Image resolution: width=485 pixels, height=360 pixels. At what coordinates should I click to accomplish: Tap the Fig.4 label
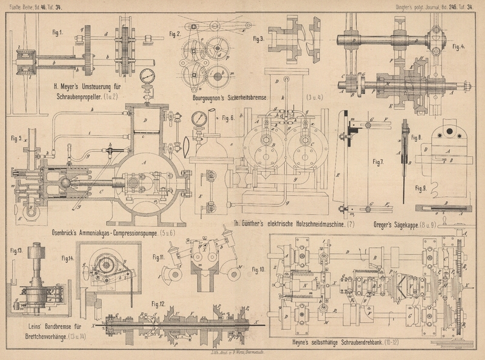(460, 45)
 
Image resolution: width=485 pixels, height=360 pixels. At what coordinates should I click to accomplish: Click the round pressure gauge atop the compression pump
(146, 78)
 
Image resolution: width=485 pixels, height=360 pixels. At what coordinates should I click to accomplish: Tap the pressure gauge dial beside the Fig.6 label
(197, 119)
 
